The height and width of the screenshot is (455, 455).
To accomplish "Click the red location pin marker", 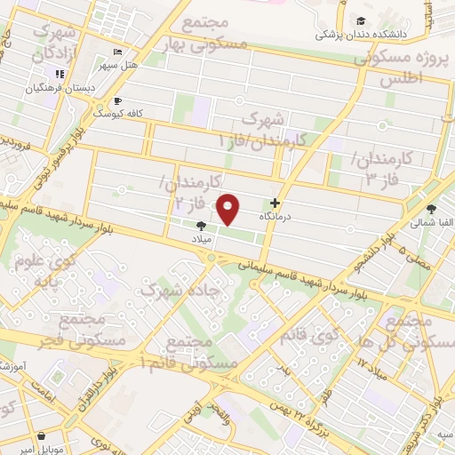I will [x=228, y=210].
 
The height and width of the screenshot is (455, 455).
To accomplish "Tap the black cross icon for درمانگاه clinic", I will [x=287, y=203].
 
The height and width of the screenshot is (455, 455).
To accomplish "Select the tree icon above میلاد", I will [x=202, y=227].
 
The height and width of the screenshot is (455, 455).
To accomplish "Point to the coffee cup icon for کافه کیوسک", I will [x=119, y=101].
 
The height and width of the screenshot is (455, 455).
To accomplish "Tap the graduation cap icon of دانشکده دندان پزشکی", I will [x=361, y=21].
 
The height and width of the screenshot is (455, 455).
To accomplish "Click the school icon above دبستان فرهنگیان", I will [x=60, y=74].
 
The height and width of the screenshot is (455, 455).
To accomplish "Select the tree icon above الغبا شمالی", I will [x=431, y=211].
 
